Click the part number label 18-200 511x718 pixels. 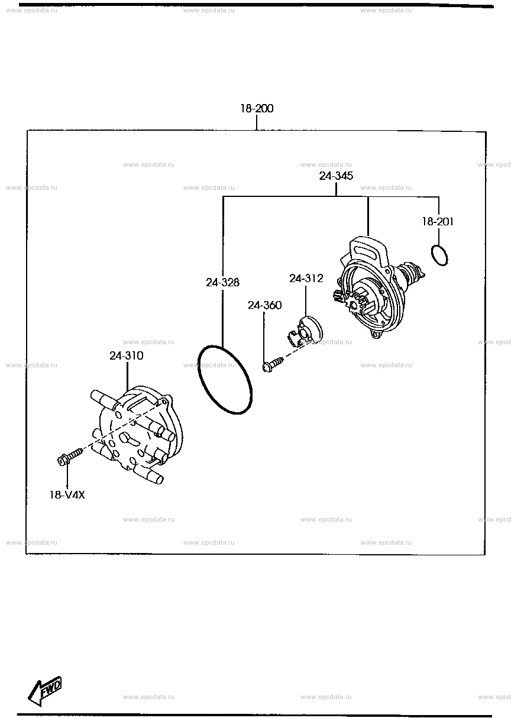[257, 109]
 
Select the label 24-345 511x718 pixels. [336, 176]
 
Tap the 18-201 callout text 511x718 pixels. [438, 221]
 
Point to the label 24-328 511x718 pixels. [222, 282]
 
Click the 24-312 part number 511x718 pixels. [306, 278]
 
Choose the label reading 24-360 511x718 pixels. [264, 305]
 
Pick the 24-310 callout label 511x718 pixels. [127, 355]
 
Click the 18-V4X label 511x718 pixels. [67, 495]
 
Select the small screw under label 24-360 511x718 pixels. [273, 365]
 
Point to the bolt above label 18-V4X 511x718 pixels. [70, 457]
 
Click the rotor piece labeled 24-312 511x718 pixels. [305, 331]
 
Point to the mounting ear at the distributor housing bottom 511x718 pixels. [376, 334]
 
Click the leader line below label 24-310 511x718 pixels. [127, 377]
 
